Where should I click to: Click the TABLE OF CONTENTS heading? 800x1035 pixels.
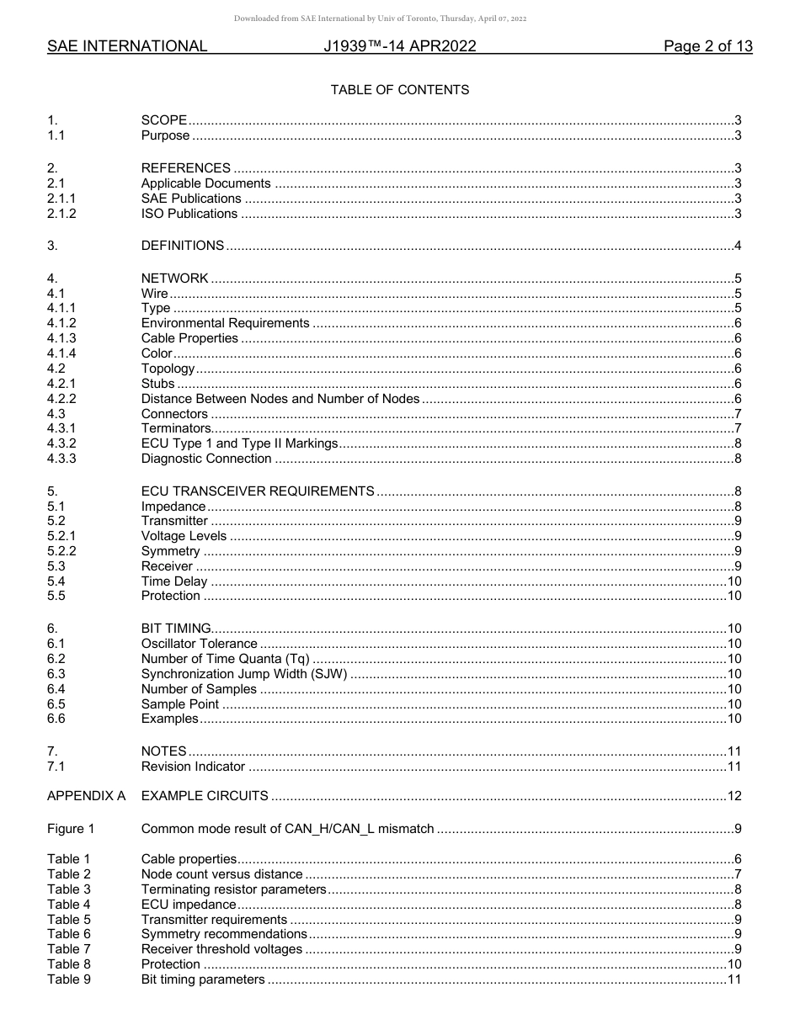400,89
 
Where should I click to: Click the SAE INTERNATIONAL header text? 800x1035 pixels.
127,47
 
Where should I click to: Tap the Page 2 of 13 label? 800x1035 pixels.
707,47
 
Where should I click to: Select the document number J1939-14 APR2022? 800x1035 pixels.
400,47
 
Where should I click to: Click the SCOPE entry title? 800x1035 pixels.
163,121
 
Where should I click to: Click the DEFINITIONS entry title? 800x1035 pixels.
182,246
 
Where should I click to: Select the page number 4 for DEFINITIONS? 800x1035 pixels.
737,246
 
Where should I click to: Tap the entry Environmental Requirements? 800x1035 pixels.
225,323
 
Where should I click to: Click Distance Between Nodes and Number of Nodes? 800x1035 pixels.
280,399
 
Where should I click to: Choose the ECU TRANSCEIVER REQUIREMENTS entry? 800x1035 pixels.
258,491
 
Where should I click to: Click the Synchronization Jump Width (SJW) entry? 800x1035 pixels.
244,674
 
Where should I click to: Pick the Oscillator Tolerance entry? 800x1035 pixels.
199,644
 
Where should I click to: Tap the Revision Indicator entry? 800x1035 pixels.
193,767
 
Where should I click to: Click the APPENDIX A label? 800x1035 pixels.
86,796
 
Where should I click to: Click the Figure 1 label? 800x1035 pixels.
71,829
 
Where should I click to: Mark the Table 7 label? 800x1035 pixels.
68,949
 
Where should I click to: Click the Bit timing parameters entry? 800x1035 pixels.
203,979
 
